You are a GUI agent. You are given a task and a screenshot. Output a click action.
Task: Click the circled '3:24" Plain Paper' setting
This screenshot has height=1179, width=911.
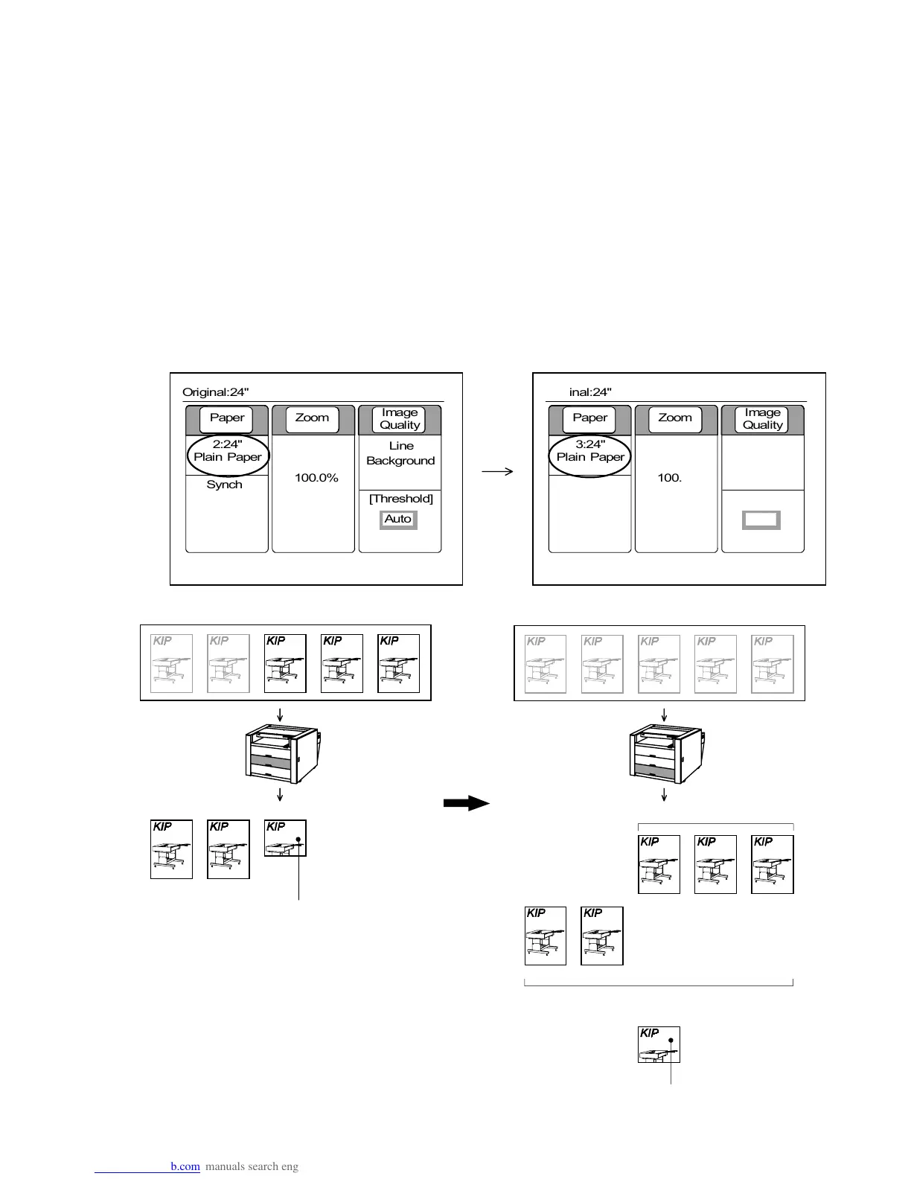(x=590, y=451)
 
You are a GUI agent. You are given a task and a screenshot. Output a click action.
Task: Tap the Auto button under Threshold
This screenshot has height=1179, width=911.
(x=398, y=519)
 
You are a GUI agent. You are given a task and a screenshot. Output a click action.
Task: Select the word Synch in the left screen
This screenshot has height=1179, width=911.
(x=224, y=485)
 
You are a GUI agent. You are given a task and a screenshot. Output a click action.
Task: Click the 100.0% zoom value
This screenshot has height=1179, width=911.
(x=316, y=478)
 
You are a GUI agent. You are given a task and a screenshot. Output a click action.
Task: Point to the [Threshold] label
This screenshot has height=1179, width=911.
(x=400, y=499)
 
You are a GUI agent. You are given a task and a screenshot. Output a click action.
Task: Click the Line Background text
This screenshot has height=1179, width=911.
(x=400, y=453)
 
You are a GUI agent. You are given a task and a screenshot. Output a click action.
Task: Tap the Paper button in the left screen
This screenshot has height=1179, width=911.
(x=227, y=418)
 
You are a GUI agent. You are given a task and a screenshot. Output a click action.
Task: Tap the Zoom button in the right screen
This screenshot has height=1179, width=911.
(x=675, y=418)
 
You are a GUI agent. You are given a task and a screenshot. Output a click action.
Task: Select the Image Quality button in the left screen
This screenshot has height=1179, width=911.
(x=400, y=419)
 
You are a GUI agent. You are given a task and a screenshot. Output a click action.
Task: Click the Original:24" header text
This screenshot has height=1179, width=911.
(x=215, y=392)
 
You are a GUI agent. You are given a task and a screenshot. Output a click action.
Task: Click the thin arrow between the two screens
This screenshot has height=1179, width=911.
(x=498, y=471)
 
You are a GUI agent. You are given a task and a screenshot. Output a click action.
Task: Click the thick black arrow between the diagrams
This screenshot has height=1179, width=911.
(x=466, y=803)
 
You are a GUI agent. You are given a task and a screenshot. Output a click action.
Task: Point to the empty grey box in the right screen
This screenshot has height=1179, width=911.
(x=761, y=520)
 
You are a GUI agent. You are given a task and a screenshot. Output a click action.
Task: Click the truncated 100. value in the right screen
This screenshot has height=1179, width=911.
(x=670, y=478)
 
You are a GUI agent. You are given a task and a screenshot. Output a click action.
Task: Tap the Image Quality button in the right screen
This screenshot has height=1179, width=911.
(x=762, y=419)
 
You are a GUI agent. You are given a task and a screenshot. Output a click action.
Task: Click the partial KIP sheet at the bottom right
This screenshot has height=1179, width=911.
(x=659, y=1044)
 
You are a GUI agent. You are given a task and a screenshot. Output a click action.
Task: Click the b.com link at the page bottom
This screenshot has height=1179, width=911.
(x=185, y=1166)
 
